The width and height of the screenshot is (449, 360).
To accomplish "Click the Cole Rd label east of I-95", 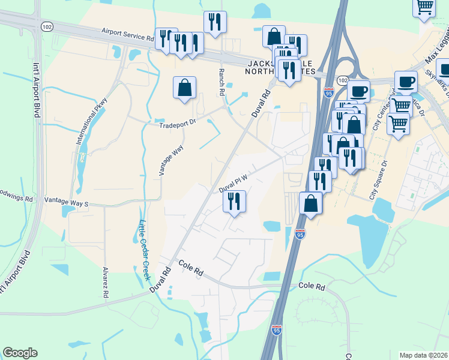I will coord(312,287).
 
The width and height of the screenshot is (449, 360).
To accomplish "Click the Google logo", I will coord(20,353).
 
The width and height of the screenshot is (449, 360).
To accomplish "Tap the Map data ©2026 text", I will coord(423,355).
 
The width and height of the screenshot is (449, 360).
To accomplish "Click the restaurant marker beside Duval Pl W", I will coord(234,201).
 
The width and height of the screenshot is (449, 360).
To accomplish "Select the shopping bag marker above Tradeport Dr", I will coord(184,88).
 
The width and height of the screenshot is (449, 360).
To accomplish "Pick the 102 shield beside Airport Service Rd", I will coord(47,26).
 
